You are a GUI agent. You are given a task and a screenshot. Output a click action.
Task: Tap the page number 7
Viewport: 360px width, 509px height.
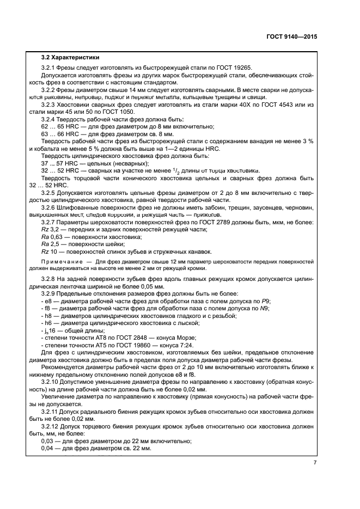(315, 463)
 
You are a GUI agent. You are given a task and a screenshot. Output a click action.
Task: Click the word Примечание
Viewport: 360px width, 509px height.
(63, 262)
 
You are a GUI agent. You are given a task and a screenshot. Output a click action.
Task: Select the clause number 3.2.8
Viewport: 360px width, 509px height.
(51, 279)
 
